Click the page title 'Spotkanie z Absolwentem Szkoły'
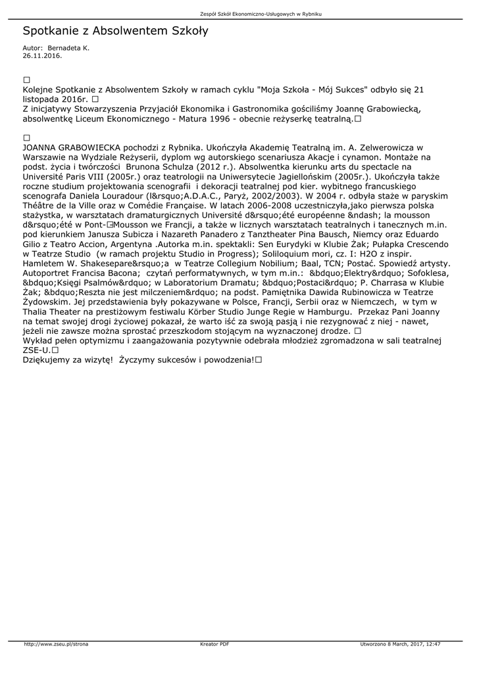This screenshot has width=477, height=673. pyautogui.click(x=115, y=31)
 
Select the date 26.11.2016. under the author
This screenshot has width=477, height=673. pyautogui.click(x=42, y=56)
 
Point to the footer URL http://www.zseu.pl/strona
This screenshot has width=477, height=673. pyautogui.click(x=56, y=644)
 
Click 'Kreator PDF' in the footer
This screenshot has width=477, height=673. pyautogui.click(x=214, y=644)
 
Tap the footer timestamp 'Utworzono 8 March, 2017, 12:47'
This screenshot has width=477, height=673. pyautogui.click(x=400, y=644)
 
